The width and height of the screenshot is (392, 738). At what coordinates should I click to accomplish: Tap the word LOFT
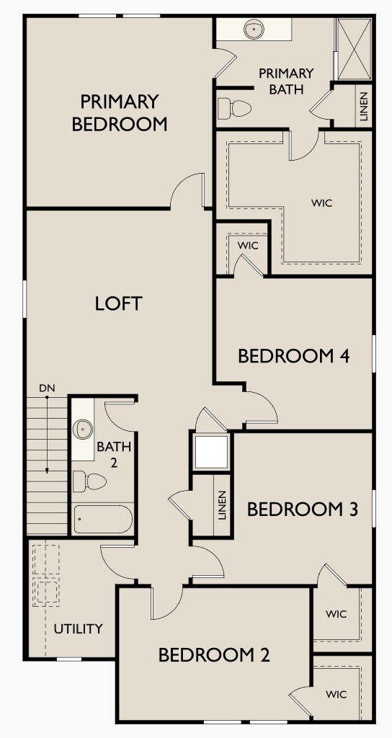click(119, 303)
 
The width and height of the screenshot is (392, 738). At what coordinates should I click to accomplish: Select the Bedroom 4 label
click(294, 356)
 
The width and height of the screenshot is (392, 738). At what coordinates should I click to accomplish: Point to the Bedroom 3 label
click(303, 510)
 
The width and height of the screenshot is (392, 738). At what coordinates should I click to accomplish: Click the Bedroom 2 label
click(214, 655)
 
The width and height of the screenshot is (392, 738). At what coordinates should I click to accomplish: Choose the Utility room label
click(79, 628)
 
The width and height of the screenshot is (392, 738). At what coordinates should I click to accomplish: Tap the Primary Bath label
click(286, 81)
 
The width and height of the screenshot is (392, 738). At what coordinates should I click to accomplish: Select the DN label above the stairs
click(47, 388)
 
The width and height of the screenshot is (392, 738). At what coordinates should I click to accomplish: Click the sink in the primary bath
click(253, 30)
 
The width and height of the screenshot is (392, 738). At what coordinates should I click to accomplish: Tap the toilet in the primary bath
click(235, 109)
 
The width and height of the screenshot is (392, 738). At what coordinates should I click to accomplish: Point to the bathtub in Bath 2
click(102, 519)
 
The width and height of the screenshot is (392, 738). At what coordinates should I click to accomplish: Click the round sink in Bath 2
click(84, 430)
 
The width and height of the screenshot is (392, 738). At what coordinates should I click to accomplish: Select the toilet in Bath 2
click(89, 481)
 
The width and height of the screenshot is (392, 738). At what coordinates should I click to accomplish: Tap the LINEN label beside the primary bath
click(362, 106)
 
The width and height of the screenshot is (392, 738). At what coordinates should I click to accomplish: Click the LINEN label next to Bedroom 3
click(222, 505)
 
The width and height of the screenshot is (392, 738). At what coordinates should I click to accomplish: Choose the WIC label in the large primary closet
click(322, 203)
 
